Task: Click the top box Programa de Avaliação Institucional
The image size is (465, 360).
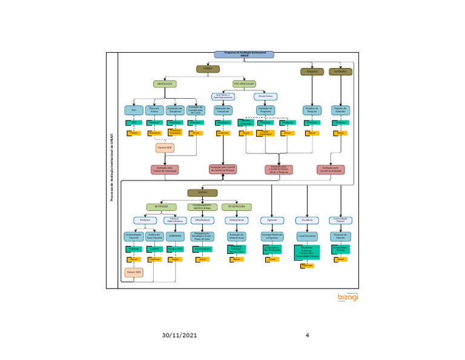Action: point(244,55)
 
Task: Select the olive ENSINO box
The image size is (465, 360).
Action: point(208,69)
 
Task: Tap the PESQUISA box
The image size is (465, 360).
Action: point(312,72)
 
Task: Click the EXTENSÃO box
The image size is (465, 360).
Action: point(340,72)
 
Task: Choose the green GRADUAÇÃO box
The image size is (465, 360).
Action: point(165,84)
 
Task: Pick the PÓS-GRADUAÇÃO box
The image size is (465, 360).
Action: point(244,84)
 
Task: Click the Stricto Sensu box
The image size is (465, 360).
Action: point(266,96)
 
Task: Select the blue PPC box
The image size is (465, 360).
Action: point(134,110)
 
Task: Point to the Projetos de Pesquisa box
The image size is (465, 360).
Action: point(312,110)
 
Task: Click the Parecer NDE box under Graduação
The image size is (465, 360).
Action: point(165,147)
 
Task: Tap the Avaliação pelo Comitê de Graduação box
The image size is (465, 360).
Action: point(165,170)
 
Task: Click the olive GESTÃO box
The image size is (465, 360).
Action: point(202,193)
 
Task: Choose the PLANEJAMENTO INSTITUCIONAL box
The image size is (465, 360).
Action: point(202,207)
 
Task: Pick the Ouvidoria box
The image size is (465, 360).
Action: point(306,220)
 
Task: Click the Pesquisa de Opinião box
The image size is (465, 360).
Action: point(341,235)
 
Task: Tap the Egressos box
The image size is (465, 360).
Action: point(271,220)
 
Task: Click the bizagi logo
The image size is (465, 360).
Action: point(348,297)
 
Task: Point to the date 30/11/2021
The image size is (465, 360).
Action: point(179,335)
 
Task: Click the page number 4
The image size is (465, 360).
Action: point(307,335)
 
